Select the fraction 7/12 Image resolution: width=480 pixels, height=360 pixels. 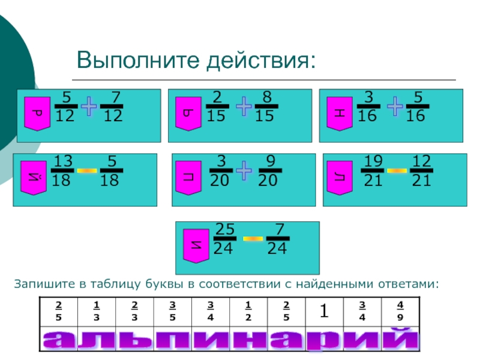(112, 106)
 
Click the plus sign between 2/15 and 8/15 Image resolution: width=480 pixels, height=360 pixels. (244, 107)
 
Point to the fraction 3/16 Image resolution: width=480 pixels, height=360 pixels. (367, 106)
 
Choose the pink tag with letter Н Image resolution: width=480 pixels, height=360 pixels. (338, 113)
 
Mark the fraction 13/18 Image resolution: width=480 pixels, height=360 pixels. (63, 171)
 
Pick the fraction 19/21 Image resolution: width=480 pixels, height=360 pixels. (373, 171)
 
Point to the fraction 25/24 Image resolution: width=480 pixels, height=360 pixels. (224, 239)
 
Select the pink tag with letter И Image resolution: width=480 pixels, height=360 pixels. (196, 245)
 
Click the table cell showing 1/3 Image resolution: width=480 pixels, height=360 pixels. (97, 312)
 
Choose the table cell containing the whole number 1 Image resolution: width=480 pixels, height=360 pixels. (324, 311)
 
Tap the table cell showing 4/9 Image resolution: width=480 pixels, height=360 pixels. (400, 312)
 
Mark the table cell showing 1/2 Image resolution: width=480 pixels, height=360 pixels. (248, 312)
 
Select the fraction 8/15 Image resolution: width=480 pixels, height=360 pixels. (264, 106)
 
